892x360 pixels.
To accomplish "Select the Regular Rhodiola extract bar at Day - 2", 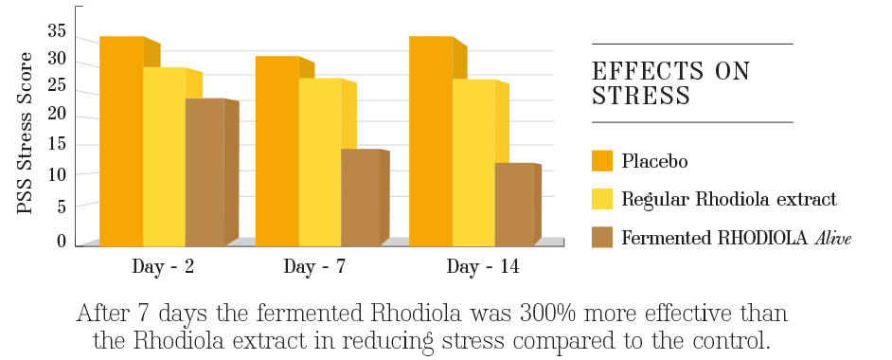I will [x=164, y=156].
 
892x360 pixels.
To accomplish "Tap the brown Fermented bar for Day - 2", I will [x=205, y=171].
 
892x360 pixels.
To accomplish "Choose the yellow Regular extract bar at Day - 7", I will [x=320, y=161].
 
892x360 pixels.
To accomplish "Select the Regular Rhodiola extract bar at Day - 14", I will [x=473, y=162].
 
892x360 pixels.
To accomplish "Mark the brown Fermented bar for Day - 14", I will [x=514, y=204].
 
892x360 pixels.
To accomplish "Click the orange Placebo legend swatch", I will [x=602, y=160].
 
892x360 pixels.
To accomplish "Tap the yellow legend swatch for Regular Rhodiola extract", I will [x=602, y=199].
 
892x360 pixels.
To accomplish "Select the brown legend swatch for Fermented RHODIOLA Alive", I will [x=602, y=237].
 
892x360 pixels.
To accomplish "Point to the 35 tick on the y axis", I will [x=56, y=31].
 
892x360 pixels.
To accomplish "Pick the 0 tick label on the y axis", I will [x=62, y=241].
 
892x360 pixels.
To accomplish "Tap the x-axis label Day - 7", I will [x=314, y=267].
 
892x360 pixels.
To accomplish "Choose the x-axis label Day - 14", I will [x=482, y=267].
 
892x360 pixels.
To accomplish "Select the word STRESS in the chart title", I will [x=640, y=96].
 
